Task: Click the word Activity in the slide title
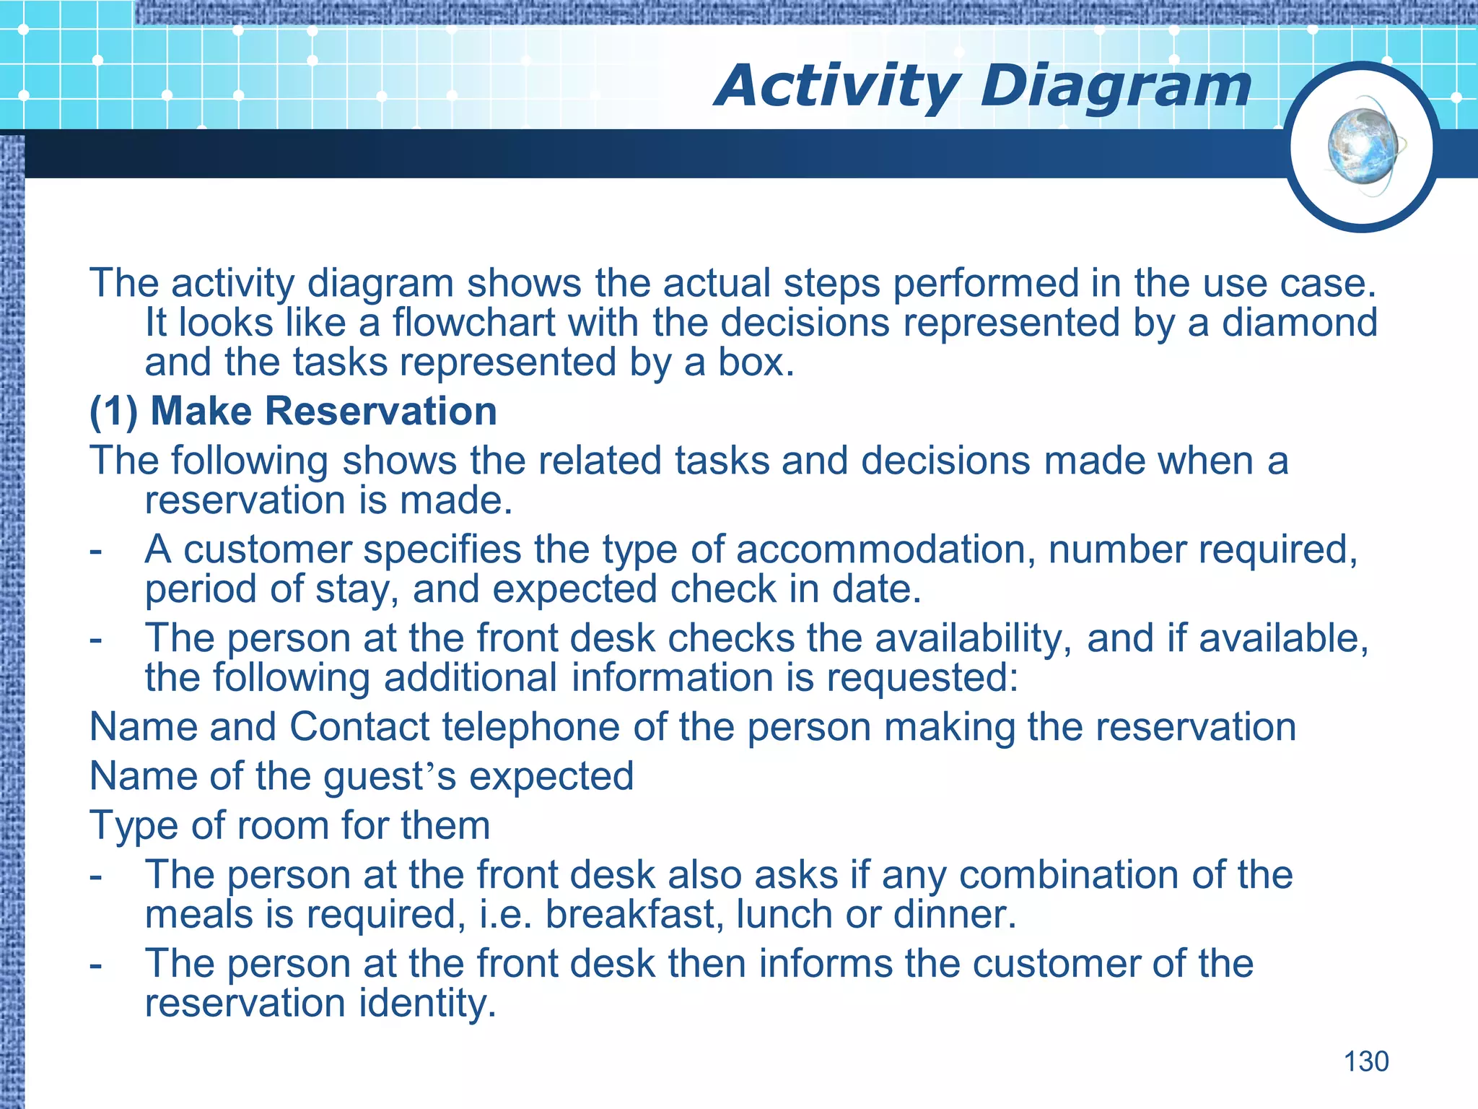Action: pyautogui.click(x=838, y=86)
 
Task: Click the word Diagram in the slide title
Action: pyautogui.click(x=1115, y=86)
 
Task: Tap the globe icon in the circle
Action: pyautogui.click(x=1363, y=147)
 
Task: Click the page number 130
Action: pyautogui.click(x=1365, y=1061)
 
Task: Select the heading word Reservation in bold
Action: pyautogui.click(x=380, y=411)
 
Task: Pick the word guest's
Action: pyautogui.click(x=390, y=776)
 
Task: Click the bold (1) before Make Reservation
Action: pyautogui.click(x=113, y=411)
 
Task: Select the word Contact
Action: pyautogui.click(x=359, y=726)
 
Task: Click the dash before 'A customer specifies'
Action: pyautogui.click(x=95, y=550)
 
